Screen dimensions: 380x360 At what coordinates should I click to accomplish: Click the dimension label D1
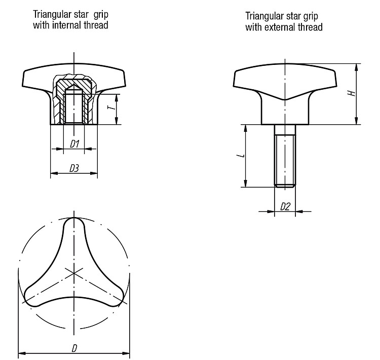click(x=74, y=144)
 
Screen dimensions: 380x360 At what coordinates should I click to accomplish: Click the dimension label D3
click(x=74, y=168)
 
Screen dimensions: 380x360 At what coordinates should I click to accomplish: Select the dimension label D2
click(x=285, y=207)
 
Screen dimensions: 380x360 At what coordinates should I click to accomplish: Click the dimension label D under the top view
click(x=74, y=349)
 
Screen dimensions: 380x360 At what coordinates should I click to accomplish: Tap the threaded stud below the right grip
click(x=285, y=156)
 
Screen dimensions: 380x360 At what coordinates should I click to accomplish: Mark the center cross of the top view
click(x=74, y=273)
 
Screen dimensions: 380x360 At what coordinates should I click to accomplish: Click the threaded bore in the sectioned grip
click(x=74, y=108)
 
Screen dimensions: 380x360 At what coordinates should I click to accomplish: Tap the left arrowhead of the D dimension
click(x=22, y=353)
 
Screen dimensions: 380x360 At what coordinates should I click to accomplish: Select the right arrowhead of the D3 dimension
click(x=94, y=173)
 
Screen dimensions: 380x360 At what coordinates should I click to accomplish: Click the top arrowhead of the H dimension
click(x=356, y=67)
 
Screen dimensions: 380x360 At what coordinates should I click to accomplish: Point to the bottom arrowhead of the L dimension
click(x=246, y=184)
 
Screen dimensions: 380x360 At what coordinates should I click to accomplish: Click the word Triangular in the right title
click(x=264, y=16)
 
